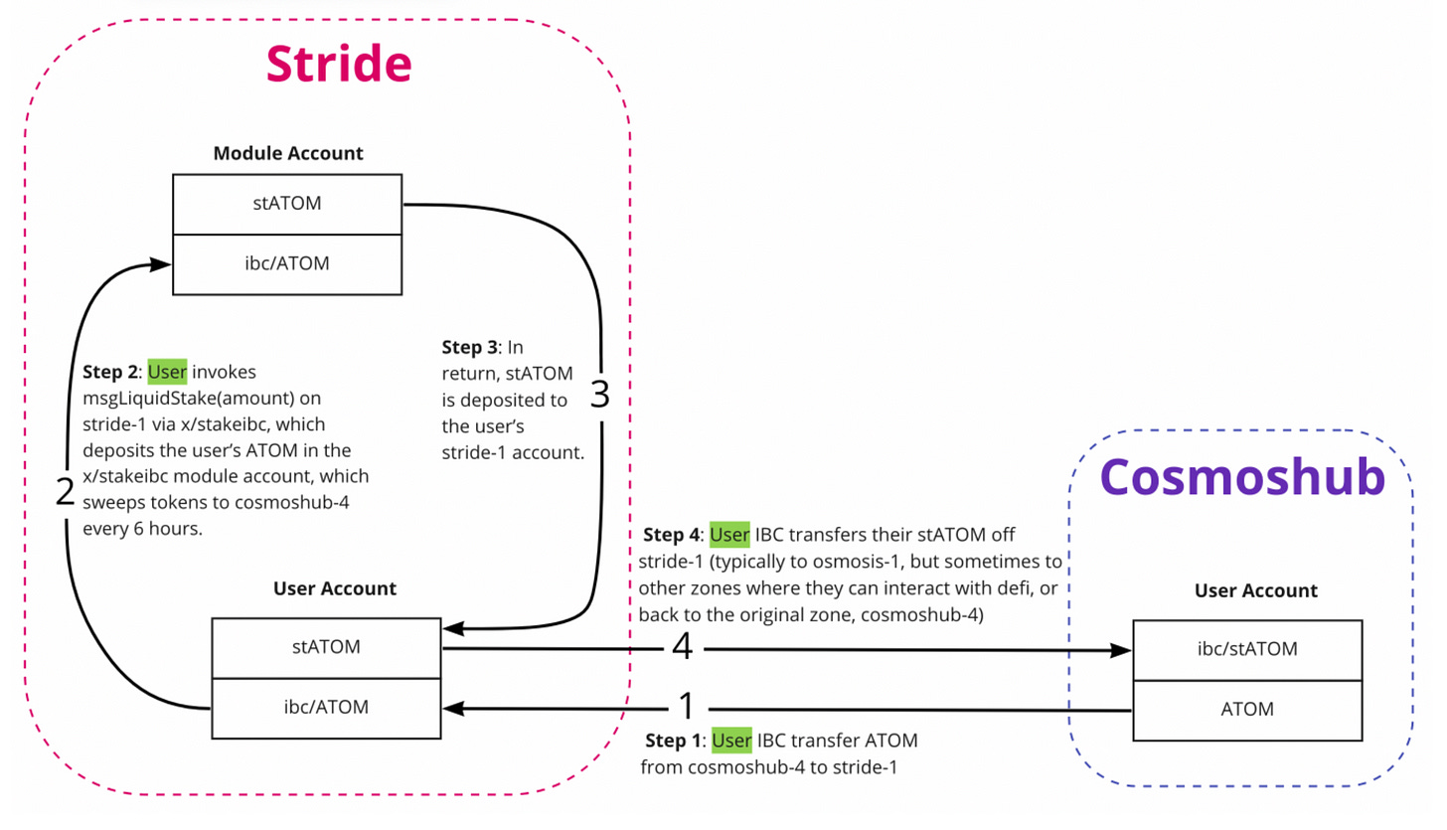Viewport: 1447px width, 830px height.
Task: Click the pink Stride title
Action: click(339, 64)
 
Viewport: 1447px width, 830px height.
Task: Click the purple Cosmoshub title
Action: click(1242, 477)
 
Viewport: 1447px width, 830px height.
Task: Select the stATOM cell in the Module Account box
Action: click(287, 204)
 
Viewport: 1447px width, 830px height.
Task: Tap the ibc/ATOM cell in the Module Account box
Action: click(287, 264)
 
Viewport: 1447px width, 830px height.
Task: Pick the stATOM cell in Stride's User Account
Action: click(326, 648)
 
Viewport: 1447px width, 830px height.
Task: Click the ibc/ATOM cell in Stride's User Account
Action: click(326, 708)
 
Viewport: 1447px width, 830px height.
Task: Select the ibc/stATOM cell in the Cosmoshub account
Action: click(1247, 650)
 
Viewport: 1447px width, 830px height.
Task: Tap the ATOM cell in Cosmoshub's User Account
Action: click(1247, 710)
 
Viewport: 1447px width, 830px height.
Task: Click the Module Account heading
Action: click(288, 153)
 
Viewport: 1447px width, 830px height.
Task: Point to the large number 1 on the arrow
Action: click(687, 706)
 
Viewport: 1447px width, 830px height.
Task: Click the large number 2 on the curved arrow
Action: click(65, 492)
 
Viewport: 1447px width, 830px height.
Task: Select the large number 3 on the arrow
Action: click(600, 394)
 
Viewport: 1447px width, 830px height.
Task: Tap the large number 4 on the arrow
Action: click(683, 646)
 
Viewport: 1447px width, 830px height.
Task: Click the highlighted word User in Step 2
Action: click(167, 372)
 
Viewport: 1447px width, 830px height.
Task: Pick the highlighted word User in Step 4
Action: click(729, 535)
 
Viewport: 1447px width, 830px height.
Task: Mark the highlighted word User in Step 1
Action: click(731, 741)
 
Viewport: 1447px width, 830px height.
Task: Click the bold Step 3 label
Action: click(470, 348)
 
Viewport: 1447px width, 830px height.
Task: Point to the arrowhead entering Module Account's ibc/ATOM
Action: click(160, 264)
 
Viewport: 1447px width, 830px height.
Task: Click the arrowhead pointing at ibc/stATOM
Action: click(1121, 650)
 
